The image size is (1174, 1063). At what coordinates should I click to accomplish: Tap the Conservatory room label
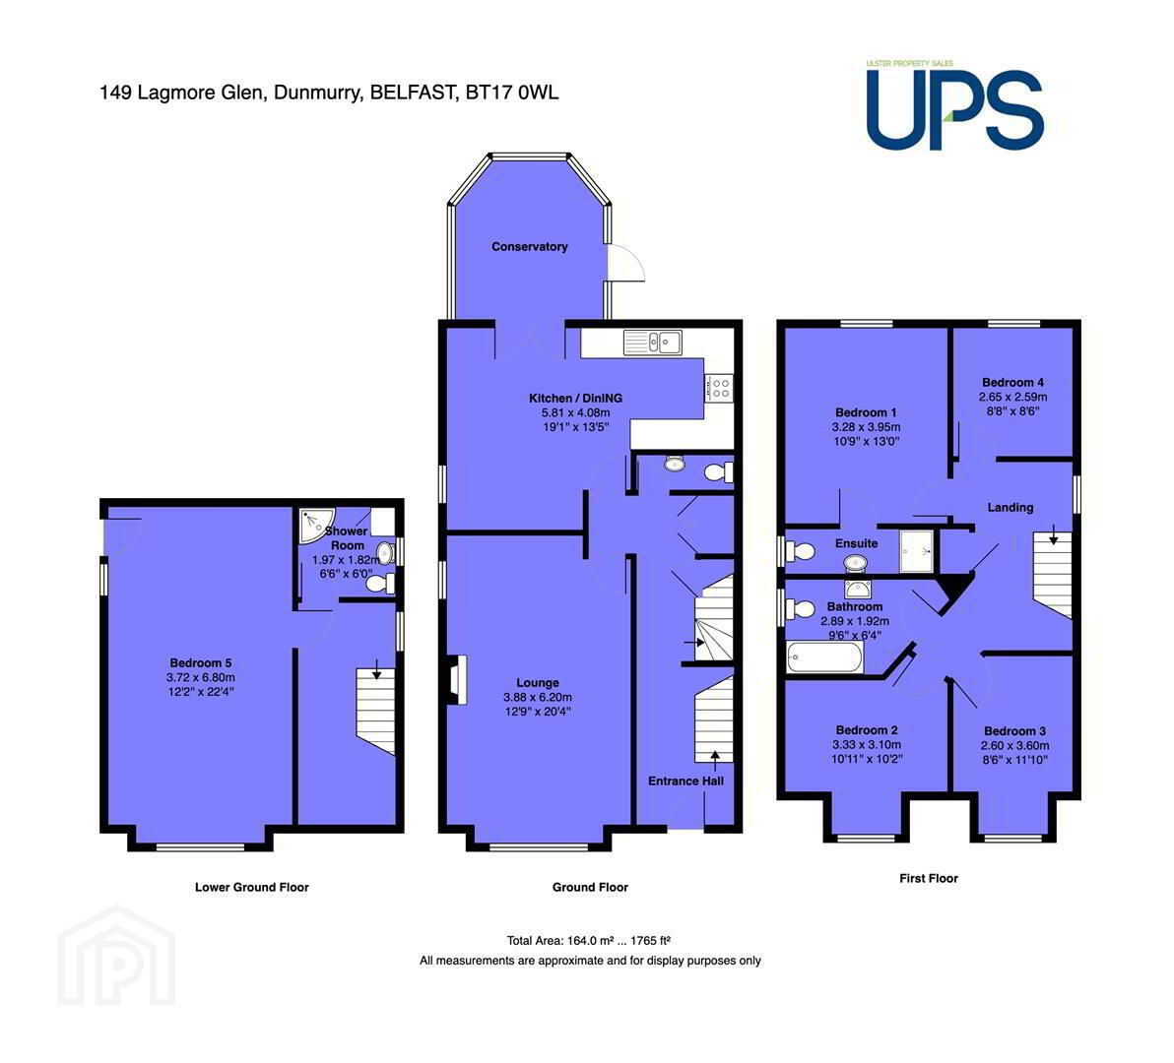(529, 247)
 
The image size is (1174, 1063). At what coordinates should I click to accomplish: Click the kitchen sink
(652, 342)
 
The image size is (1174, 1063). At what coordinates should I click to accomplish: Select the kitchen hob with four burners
(719, 388)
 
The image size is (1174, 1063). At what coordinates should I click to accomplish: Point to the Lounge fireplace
(457, 680)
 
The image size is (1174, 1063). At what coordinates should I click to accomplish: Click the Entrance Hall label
(685, 781)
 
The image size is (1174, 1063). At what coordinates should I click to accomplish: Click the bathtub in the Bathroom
(824, 657)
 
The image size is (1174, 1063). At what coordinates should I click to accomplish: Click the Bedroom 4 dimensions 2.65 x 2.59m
(1013, 398)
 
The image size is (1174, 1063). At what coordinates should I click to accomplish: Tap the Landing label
(1011, 507)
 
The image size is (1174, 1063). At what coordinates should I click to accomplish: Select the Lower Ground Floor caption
(251, 887)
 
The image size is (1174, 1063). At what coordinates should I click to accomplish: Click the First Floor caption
(929, 878)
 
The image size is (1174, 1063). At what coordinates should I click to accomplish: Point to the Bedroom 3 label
(1014, 731)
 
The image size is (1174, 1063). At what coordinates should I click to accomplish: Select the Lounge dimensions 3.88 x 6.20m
(538, 697)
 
